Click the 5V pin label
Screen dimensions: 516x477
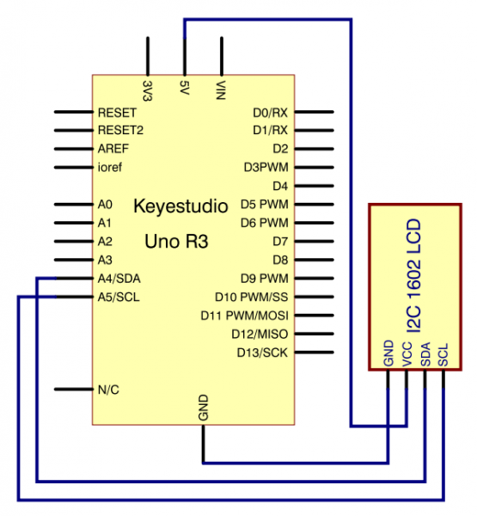pos(185,87)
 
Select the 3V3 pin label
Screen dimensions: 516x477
pos(148,89)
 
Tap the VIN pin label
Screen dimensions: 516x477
pos(222,89)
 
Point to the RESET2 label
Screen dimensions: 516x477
pos(121,131)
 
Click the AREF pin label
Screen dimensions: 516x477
pos(113,149)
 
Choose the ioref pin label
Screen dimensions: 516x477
pos(110,167)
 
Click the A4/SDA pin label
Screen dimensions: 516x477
pos(119,278)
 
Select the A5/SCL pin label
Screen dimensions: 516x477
pos(119,297)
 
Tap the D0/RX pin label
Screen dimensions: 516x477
pos(270,113)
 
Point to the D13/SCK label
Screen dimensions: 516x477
pos(263,352)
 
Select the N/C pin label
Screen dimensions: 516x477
pos(108,390)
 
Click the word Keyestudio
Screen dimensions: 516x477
pos(180,207)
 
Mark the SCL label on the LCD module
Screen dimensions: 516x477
pos(443,356)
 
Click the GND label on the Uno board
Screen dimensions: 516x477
pos(203,408)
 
